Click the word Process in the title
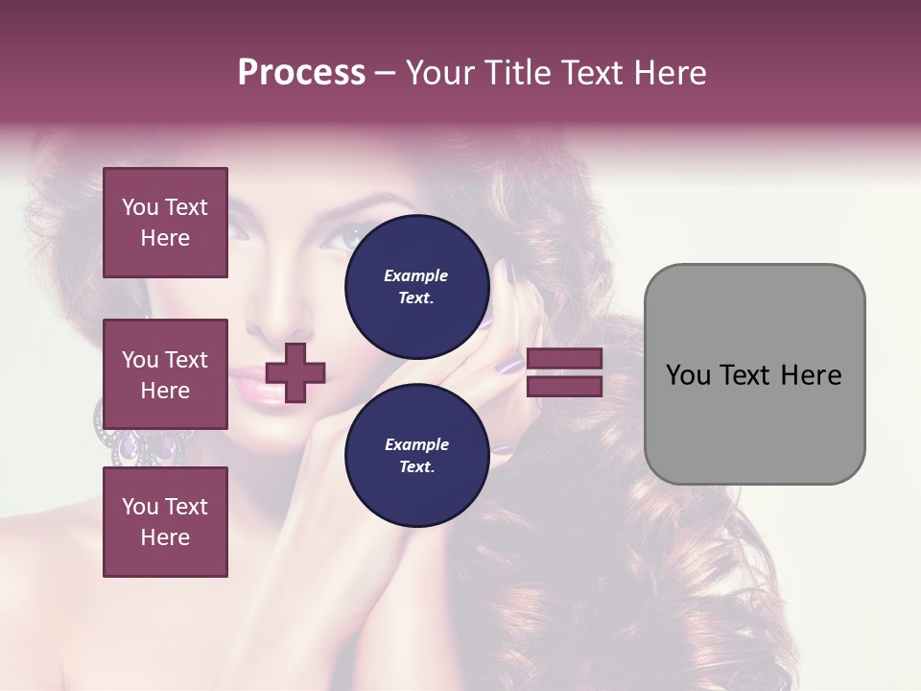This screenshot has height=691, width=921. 301,73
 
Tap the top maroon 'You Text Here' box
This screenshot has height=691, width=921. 165,223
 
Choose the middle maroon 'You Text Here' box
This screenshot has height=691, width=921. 165,374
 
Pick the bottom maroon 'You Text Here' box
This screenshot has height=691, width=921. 165,522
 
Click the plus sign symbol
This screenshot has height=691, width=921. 295,372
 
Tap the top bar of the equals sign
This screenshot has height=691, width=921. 564,359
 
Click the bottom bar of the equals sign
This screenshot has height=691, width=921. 564,387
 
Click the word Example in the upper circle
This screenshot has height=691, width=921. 416,275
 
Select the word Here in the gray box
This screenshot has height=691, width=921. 812,375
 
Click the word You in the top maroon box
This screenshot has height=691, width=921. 140,207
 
